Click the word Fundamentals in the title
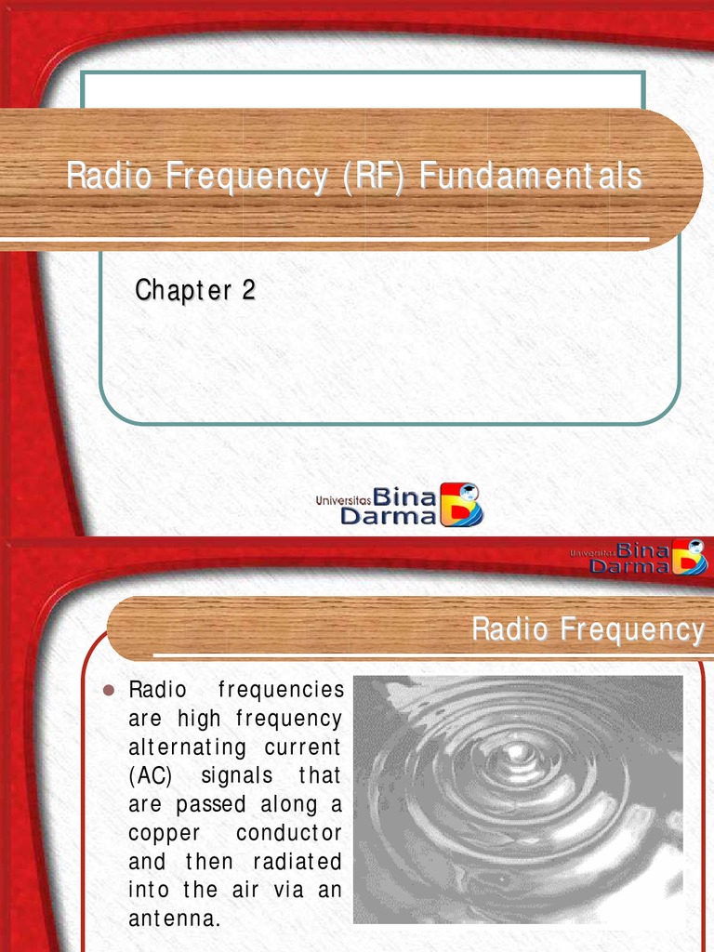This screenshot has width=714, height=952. click(530, 177)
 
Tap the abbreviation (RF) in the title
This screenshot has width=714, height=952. click(372, 177)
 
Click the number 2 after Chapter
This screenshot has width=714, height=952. click(248, 291)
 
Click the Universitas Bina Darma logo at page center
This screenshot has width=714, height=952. click(400, 505)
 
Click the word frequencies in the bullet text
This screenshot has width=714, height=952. click(280, 690)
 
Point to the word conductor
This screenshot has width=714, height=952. click(289, 833)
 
